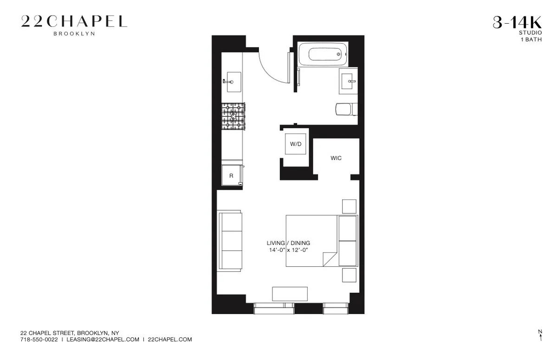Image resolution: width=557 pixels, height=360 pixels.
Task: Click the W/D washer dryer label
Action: click(296, 144)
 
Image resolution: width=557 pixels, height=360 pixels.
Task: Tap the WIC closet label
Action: click(336, 158)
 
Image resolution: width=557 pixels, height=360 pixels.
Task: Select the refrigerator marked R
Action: click(231, 176)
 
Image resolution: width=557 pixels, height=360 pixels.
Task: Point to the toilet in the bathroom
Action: click(345, 109)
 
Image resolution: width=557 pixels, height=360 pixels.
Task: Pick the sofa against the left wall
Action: click(229, 240)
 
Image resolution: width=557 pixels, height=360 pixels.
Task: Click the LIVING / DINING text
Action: click(288, 243)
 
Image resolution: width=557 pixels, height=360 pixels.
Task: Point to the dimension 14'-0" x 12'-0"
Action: click(288, 250)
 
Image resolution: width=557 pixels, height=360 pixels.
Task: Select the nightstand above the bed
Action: click(349, 206)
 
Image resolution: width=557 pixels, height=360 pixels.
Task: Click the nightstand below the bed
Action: click(349, 275)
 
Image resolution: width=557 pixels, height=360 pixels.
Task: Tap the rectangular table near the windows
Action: click(290, 294)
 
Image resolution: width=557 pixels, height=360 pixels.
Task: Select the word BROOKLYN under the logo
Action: click(74, 33)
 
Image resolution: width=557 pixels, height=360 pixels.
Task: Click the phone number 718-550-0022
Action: click(39, 340)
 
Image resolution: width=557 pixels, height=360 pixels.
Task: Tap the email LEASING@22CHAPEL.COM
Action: click(103, 340)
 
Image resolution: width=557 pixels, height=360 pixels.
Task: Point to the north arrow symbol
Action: click(540, 335)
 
